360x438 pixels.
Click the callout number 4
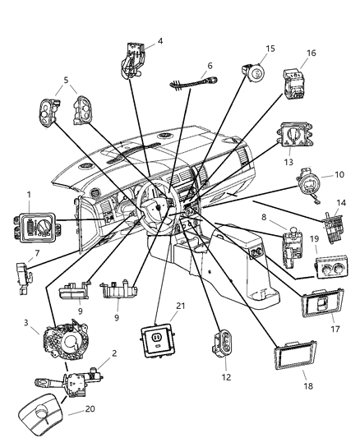(159, 41)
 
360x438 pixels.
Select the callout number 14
(340, 202)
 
